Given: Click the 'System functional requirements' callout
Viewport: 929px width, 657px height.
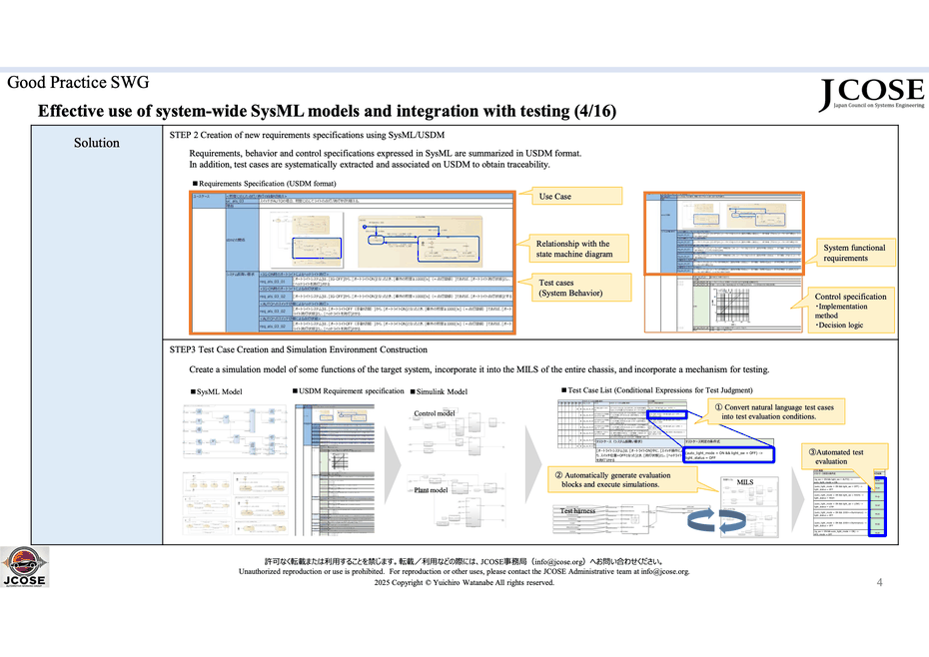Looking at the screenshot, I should tap(854, 253).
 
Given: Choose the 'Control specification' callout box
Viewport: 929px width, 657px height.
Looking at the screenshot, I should tap(850, 311).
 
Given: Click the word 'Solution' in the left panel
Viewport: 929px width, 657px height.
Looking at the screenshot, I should tap(97, 143).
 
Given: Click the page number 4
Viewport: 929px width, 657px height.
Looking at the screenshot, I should tap(879, 582).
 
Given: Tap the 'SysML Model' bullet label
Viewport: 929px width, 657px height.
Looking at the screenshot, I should tap(219, 391).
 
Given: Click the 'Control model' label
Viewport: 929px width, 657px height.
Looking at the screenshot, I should tap(435, 413).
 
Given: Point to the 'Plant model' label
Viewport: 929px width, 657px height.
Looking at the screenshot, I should tap(431, 490).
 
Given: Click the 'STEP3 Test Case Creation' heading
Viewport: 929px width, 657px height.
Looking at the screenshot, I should tap(299, 349).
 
